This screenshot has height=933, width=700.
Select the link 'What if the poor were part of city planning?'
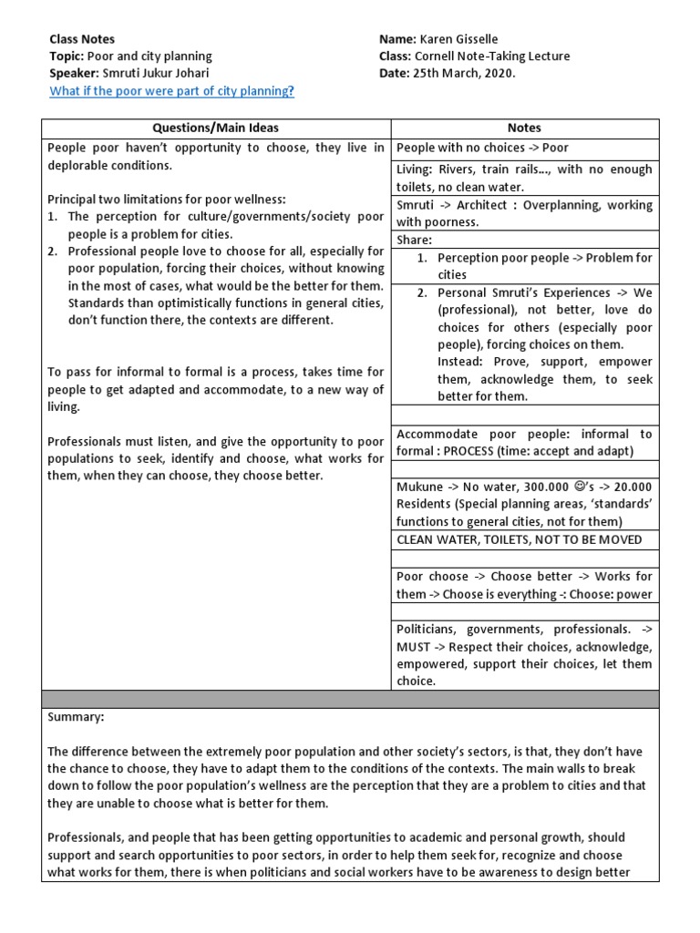click(171, 91)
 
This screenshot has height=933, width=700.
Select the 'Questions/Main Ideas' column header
click(216, 128)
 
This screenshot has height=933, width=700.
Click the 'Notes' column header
click(524, 128)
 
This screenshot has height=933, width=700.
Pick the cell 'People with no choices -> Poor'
click(483, 148)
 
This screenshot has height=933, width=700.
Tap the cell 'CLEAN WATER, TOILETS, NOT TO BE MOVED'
click(520, 539)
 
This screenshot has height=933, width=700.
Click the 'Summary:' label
click(76, 717)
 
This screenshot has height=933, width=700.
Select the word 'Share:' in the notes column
click(415, 240)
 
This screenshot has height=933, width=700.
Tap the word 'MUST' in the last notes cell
click(413, 647)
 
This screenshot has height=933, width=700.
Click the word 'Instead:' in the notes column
click(463, 362)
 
